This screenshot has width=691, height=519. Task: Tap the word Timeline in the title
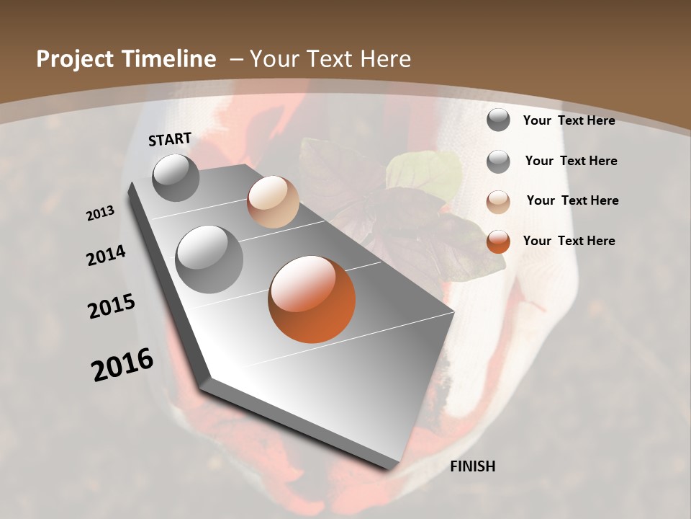pyautogui.click(x=170, y=59)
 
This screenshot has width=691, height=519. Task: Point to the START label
pyautogui.click(x=170, y=139)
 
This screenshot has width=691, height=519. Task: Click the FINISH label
pyautogui.click(x=472, y=466)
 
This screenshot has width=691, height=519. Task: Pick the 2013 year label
pyautogui.click(x=100, y=213)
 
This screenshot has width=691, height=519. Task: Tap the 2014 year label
pyautogui.click(x=106, y=255)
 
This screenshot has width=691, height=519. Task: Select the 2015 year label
pyautogui.click(x=112, y=306)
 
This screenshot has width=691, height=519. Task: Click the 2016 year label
pyautogui.click(x=122, y=364)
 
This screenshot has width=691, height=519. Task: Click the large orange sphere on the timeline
pyautogui.click(x=312, y=299)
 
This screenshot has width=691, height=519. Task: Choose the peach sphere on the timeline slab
pyautogui.click(x=273, y=202)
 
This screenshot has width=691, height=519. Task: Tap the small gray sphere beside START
pyautogui.click(x=176, y=177)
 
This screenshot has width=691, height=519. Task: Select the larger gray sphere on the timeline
pyautogui.click(x=209, y=259)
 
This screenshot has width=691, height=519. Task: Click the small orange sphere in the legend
pyautogui.click(x=498, y=241)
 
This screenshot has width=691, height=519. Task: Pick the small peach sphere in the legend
pyautogui.click(x=498, y=202)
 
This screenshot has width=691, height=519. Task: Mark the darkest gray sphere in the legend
pyautogui.click(x=498, y=120)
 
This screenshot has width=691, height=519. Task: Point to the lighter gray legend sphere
pyautogui.click(x=498, y=161)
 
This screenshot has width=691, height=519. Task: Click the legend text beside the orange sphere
pyautogui.click(x=569, y=241)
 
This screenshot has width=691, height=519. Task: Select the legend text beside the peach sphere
pyautogui.click(x=572, y=200)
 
